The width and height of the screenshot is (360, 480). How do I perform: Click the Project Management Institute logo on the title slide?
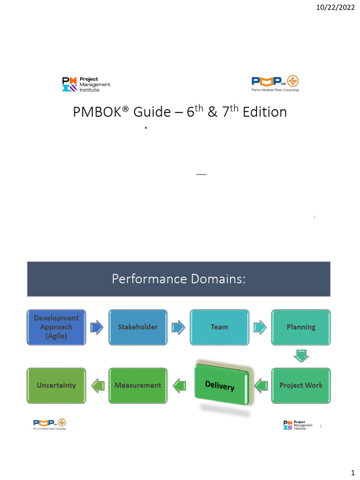point(86,84)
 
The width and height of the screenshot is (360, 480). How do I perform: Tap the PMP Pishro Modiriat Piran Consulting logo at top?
point(275,83)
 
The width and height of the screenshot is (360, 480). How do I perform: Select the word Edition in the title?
point(265,113)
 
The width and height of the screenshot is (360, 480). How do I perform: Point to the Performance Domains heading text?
point(179,279)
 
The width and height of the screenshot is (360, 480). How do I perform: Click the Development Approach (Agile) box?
point(56,327)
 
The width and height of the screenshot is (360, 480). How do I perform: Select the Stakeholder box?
point(138,327)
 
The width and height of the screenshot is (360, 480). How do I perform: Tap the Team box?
point(219,327)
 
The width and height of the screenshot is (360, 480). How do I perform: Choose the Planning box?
point(301,327)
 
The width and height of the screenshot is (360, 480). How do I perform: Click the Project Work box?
point(301,385)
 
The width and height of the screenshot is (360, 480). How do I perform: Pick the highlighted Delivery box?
point(222,386)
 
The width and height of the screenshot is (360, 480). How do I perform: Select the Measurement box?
point(138,385)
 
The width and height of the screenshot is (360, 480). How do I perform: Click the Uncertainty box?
point(56,385)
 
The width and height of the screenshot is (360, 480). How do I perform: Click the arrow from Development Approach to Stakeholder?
point(97,327)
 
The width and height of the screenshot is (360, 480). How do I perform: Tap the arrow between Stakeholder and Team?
point(179,327)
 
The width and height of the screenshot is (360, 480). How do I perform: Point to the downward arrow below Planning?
point(301,356)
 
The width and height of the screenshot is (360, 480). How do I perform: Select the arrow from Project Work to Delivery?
point(261,386)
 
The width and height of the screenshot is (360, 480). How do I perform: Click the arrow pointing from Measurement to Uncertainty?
point(97,386)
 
